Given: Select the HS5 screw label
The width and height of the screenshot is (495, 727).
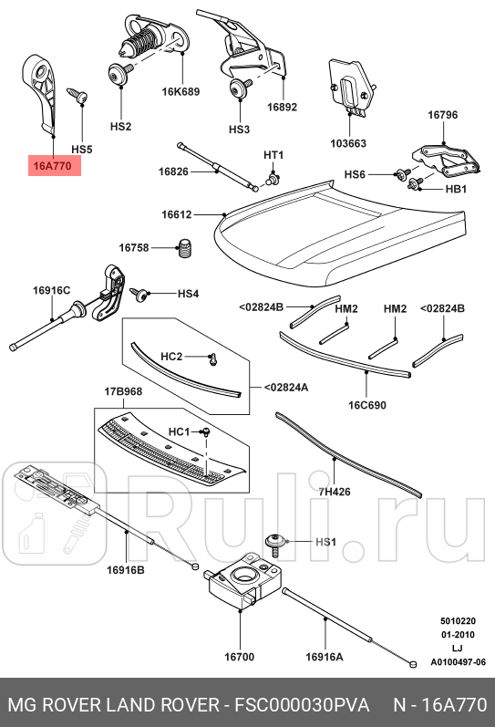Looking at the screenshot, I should (82, 149).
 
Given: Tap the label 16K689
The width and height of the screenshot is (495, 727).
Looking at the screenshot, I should (180, 92).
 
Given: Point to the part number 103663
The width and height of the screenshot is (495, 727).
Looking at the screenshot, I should (348, 143).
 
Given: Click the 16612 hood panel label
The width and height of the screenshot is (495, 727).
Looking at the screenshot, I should (177, 215).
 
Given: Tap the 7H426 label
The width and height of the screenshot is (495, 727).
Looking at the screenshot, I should (334, 492).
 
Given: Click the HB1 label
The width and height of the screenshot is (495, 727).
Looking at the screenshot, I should (456, 189).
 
